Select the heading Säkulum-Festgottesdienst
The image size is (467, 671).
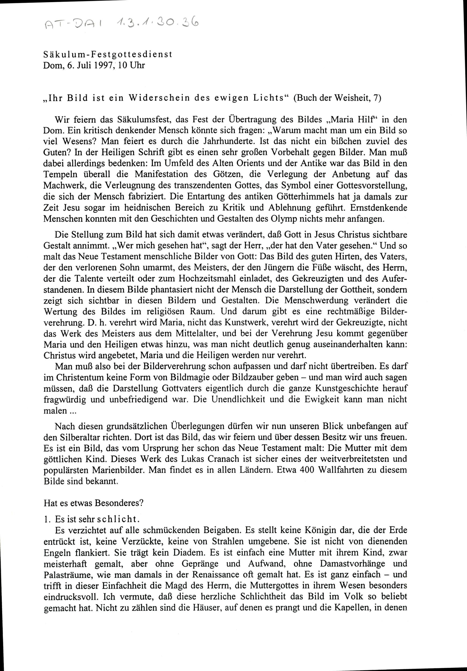coord(108,55)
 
